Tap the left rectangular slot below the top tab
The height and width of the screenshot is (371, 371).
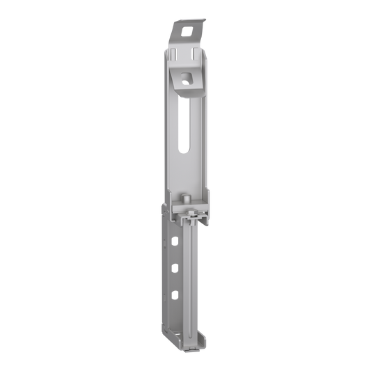(176, 53)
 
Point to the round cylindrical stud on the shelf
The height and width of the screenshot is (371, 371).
(187, 200)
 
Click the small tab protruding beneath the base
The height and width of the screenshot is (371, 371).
(191, 349)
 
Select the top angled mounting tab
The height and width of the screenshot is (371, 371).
(187, 31)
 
